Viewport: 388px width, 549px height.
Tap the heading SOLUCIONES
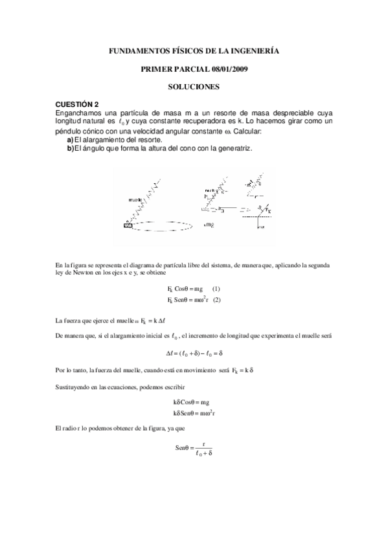(194, 86)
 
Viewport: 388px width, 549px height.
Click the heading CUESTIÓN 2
(77, 104)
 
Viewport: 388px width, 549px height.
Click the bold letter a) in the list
(71, 140)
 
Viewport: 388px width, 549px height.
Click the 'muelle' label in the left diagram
(137, 200)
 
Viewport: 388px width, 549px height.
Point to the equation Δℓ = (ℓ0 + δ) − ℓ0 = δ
(194, 353)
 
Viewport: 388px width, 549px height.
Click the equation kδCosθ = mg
(194, 403)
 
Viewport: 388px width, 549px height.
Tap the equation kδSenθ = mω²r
(194, 413)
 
